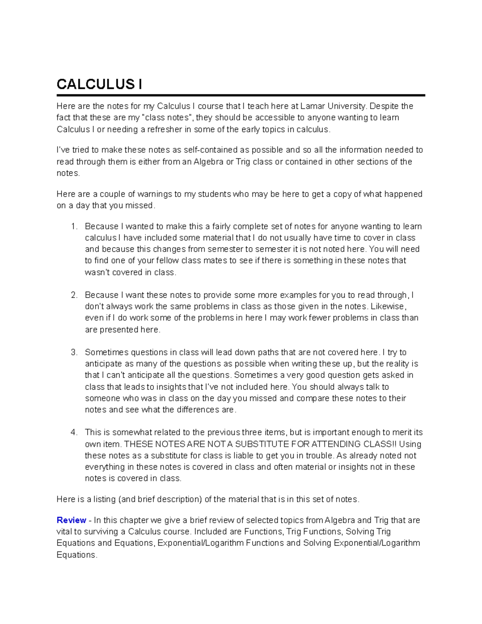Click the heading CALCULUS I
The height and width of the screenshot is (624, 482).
click(99, 84)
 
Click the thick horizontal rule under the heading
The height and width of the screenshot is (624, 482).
click(241, 96)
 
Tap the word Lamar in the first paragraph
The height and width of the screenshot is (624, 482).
click(312, 106)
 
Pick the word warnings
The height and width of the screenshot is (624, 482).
click(155, 194)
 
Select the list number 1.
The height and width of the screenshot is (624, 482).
click(74, 227)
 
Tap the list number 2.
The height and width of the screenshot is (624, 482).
click(74, 295)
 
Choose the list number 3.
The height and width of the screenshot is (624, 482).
click(74, 352)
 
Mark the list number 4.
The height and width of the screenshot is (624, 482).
click(74, 433)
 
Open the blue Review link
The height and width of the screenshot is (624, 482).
click(71, 520)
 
